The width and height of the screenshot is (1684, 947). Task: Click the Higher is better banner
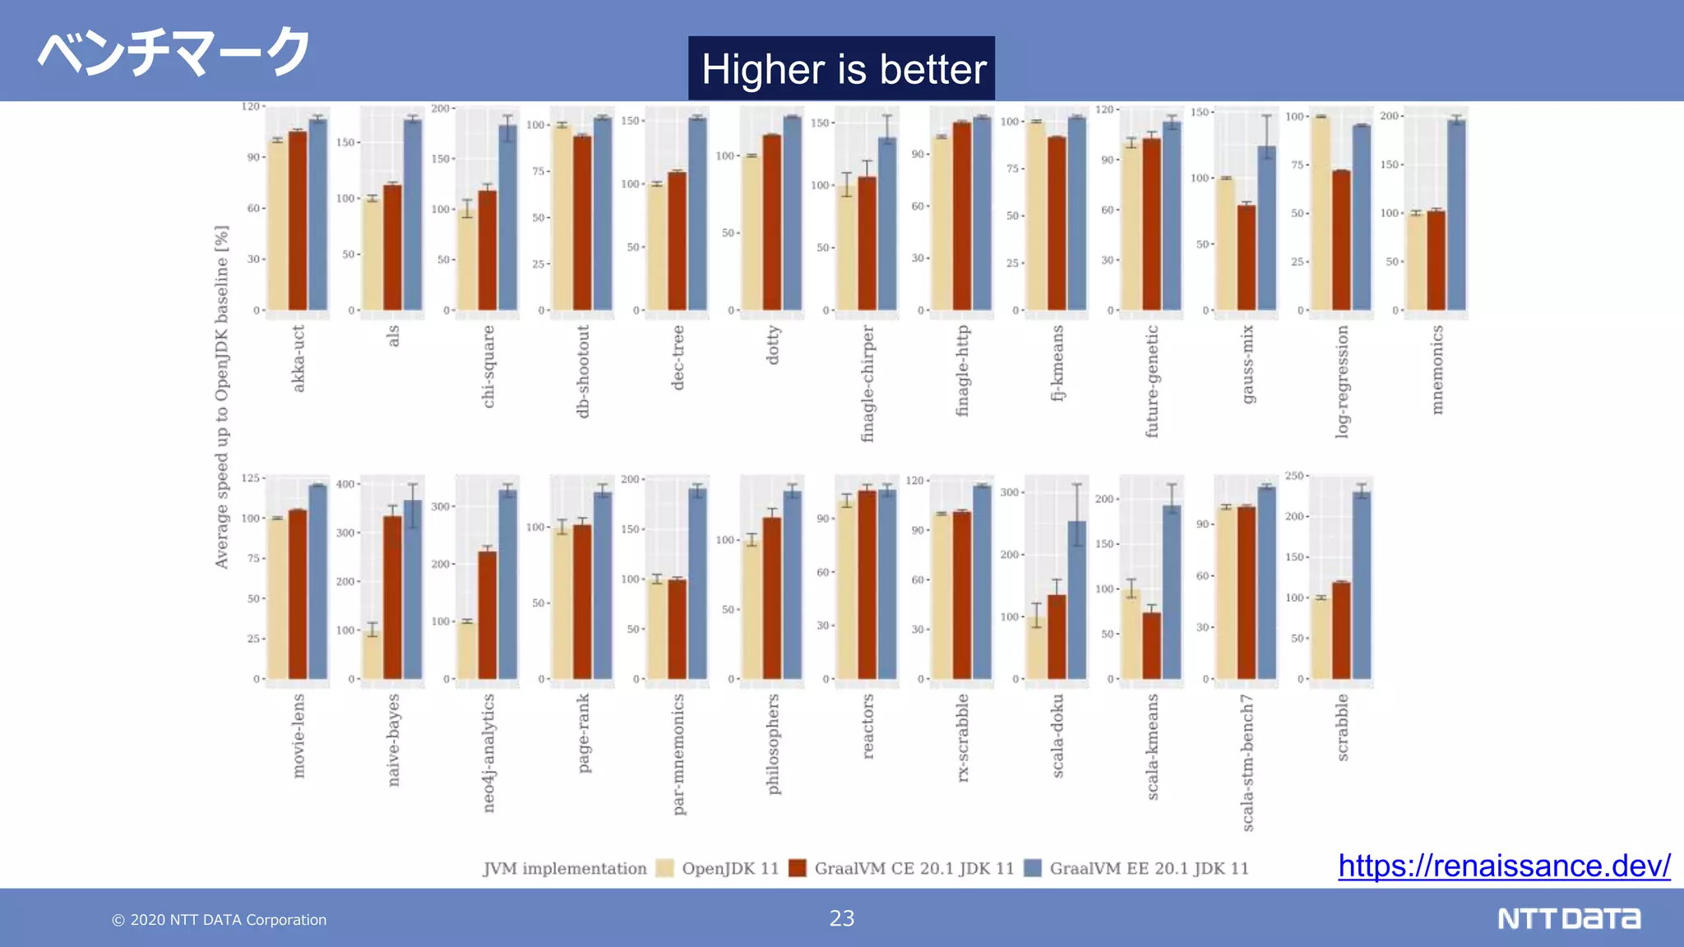click(841, 68)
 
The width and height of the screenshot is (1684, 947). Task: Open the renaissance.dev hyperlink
click(1503, 866)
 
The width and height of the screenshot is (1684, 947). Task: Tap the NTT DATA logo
click(1568, 918)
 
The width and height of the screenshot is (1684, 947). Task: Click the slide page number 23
click(841, 918)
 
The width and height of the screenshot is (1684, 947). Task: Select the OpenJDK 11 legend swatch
click(665, 868)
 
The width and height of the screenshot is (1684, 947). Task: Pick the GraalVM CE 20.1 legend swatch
click(797, 868)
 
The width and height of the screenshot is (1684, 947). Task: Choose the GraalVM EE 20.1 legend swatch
click(1033, 868)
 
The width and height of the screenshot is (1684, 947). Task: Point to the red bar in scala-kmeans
click(1151, 645)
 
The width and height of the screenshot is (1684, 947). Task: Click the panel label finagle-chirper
click(867, 383)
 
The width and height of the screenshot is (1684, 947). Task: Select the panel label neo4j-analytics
click(488, 753)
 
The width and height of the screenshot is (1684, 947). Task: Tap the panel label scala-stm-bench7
click(1247, 762)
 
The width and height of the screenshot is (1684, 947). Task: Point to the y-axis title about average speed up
click(221, 397)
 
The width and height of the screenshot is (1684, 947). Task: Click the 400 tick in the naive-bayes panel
click(345, 484)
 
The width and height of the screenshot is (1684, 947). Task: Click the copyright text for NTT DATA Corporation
click(220, 920)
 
